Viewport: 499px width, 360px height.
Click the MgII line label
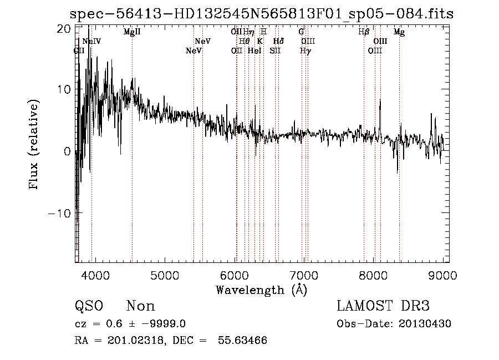[132, 32]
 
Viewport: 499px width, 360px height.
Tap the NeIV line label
[91, 42]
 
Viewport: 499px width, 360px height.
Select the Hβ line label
[364, 32]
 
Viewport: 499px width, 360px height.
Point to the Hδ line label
[279, 42]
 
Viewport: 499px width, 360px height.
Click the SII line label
[275, 51]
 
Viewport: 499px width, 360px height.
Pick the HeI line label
[254, 51]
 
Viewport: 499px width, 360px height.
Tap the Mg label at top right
[399, 32]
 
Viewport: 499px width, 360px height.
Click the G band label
[301, 32]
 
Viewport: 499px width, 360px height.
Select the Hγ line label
[305, 51]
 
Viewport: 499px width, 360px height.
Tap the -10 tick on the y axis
[59, 214]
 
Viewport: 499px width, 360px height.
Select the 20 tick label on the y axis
[64, 28]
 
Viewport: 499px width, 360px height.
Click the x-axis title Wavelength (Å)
[261, 290]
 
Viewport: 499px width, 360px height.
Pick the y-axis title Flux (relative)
[34, 145]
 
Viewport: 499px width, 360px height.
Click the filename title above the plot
[262, 14]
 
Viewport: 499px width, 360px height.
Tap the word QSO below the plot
[89, 306]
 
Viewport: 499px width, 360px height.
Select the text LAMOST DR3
[383, 306]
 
